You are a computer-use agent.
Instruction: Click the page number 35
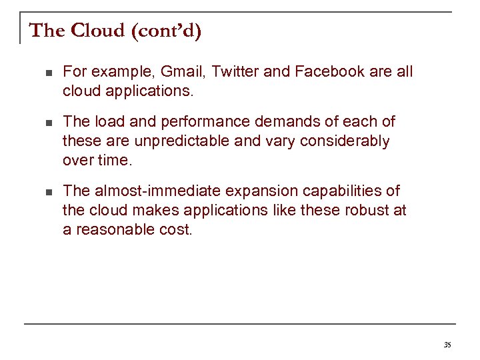[447, 345]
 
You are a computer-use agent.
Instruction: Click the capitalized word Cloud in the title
[97, 31]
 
